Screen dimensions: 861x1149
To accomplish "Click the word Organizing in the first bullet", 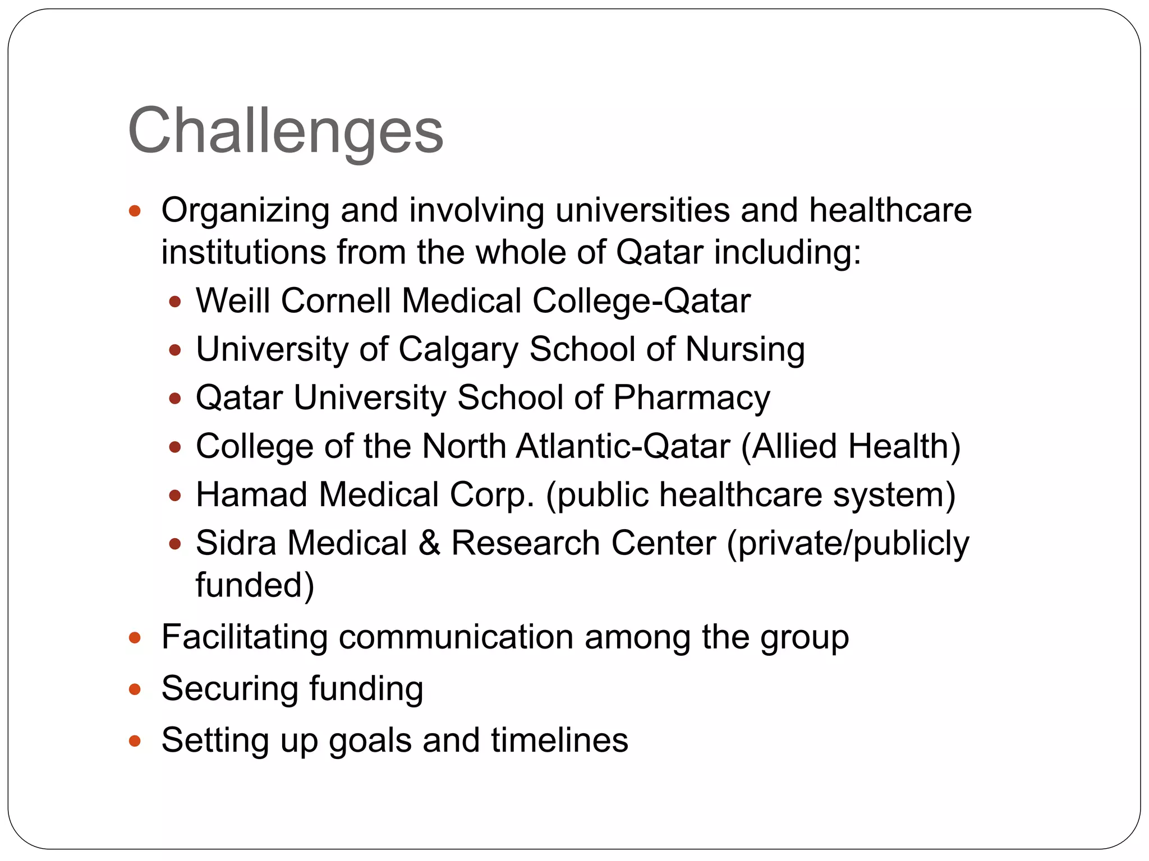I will (x=245, y=211).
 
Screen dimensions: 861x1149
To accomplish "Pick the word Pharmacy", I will (x=691, y=398).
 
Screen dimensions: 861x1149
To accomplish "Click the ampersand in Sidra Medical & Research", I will (x=429, y=543).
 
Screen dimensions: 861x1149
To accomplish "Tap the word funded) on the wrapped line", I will (x=255, y=585).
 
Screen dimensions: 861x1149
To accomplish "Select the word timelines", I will (x=559, y=740).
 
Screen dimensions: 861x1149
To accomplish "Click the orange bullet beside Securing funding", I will (x=135, y=689).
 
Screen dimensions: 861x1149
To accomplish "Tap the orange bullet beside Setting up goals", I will (x=135, y=741).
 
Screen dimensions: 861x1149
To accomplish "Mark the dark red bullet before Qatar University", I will (x=175, y=399).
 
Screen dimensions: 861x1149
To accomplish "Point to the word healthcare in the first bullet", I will (x=890, y=211).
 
